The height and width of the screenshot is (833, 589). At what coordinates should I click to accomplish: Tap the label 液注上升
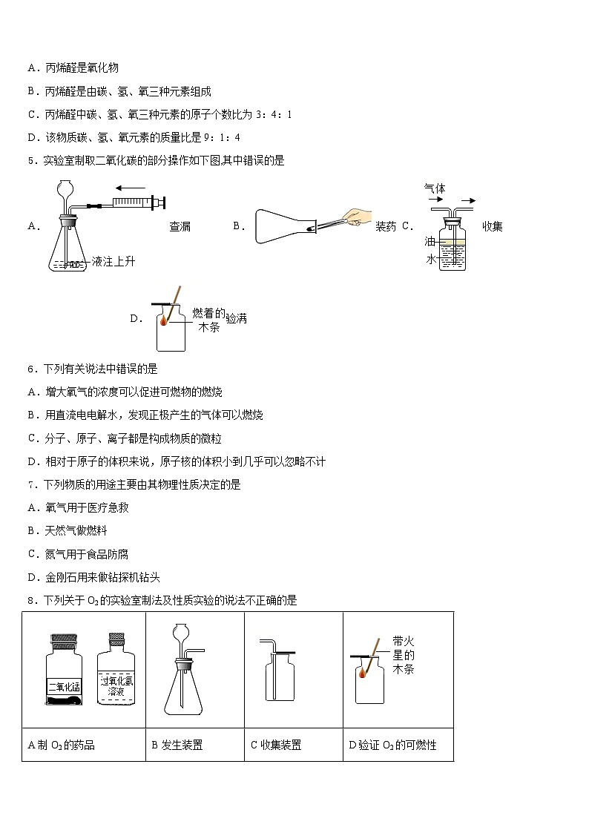[x=113, y=261]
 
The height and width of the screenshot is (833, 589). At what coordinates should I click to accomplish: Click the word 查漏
[x=180, y=226]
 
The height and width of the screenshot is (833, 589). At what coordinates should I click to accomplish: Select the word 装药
[x=386, y=226]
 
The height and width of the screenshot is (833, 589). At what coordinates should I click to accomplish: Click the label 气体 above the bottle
[x=435, y=188]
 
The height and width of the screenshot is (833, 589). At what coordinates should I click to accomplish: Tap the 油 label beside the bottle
[x=430, y=242]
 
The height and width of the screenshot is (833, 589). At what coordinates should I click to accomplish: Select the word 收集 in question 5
[x=493, y=226]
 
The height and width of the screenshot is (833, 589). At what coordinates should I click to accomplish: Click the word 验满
[x=236, y=318]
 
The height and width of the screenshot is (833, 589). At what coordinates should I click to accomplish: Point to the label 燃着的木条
[x=208, y=320]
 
